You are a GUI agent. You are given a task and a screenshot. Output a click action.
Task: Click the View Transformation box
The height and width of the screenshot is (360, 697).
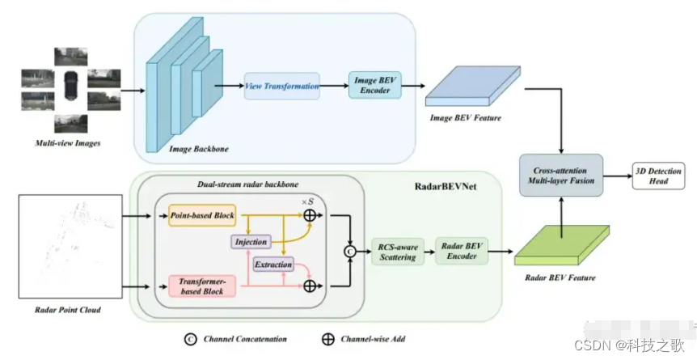(282, 86)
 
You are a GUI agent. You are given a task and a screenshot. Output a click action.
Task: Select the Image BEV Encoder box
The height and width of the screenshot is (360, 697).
(374, 85)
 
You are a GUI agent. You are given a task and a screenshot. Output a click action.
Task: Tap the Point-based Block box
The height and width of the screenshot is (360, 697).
(202, 215)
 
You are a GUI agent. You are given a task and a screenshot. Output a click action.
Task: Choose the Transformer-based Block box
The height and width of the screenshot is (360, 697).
(202, 286)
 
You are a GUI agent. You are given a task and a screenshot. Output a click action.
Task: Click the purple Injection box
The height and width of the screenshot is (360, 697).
(251, 242)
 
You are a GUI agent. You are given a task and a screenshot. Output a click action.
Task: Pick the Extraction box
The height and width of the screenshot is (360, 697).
(273, 264)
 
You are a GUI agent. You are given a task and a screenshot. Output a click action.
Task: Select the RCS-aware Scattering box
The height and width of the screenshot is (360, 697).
(398, 252)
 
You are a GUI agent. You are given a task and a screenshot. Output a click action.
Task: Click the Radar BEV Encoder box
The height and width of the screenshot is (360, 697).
(462, 251)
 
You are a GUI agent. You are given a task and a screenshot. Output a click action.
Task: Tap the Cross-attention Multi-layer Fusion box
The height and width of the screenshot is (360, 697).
(561, 176)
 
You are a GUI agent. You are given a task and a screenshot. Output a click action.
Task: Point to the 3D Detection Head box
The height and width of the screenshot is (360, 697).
(658, 176)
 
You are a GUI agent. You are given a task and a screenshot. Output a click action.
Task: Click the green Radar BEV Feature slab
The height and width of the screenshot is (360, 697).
(562, 245)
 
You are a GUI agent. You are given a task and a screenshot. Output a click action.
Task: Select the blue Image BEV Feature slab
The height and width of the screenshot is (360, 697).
(473, 86)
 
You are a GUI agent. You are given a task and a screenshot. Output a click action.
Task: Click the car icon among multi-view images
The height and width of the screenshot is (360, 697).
(70, 86)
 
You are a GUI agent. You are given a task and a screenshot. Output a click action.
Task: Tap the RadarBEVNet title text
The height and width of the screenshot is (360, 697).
(446, 186)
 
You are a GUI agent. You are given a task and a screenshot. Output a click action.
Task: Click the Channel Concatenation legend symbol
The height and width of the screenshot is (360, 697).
(191, 339)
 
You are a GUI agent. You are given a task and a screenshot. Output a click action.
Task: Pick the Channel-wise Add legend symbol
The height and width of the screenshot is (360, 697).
(328, 339)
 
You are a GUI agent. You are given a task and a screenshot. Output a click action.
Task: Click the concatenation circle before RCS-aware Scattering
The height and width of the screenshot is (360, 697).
(350, 252)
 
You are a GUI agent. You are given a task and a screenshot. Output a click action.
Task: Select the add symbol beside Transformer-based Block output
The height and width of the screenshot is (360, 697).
(310, 286)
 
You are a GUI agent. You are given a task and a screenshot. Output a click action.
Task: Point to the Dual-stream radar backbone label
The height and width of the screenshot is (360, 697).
(247, 184)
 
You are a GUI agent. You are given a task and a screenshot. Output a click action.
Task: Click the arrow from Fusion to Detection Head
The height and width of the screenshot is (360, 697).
(618, 176)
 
